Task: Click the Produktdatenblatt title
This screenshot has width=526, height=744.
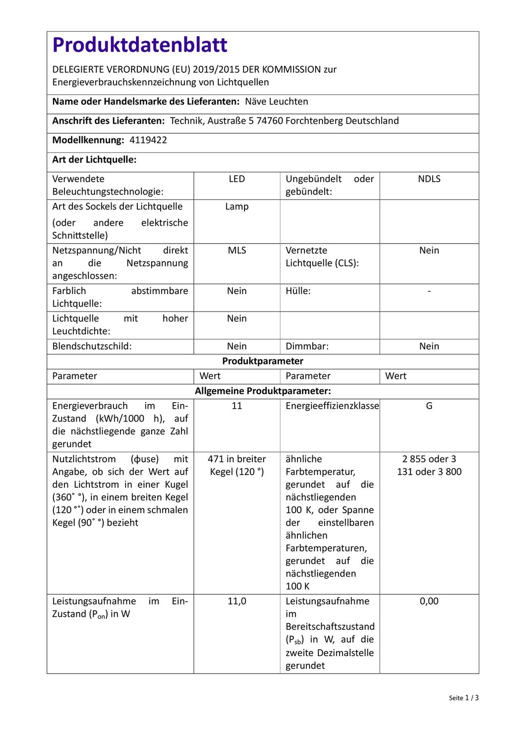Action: (140, 45)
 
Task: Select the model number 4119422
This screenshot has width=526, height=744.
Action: (148, 140)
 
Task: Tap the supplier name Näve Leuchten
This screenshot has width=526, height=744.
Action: (277, 102)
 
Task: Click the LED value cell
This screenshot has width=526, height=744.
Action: (237, 179)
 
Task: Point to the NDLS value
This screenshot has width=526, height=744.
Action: (429, 179)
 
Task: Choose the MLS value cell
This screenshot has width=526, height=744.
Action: (237, 250)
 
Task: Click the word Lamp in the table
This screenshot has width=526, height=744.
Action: (237, 207)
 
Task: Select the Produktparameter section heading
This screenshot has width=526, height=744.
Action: (263, 361)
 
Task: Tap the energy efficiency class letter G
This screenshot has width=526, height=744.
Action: (429, 406)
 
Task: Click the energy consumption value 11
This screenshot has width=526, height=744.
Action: (237, 406)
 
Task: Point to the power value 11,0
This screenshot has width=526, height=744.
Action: (237, 601)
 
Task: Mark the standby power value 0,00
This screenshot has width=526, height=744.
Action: (429, 601)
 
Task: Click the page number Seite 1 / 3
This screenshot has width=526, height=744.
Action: (464, 698)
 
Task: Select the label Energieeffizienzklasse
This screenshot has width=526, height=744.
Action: (332, 406)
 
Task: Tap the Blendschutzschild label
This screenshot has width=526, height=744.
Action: (92, 346)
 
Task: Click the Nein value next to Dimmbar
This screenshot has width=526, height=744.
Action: (429, 346)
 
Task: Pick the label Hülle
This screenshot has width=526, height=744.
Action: (298, 291)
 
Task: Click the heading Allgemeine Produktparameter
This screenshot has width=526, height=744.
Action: (263, 391)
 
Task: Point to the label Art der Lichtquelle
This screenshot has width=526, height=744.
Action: (94, 160)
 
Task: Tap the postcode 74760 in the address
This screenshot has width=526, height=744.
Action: (270, 121)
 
